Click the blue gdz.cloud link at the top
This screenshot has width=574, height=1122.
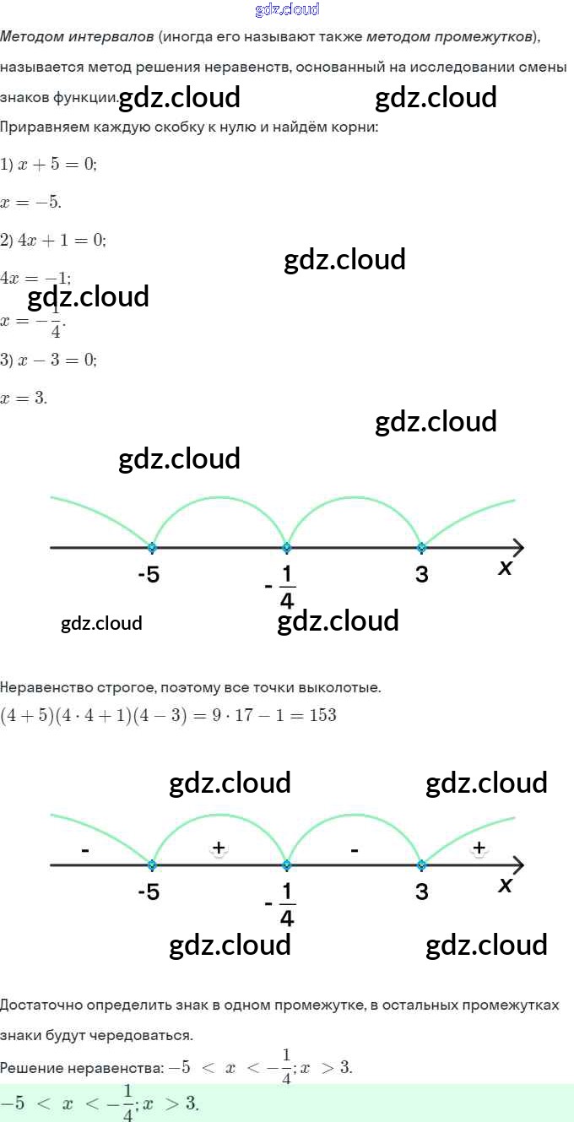287,10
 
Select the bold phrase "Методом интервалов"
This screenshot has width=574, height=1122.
78,37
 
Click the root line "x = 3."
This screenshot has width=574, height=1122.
24,398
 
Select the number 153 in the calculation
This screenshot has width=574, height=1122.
322,716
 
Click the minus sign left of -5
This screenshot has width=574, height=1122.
85,850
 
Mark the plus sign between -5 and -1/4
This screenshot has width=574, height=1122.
219,848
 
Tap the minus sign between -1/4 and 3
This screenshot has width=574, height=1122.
354,850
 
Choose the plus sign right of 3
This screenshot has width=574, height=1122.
479,848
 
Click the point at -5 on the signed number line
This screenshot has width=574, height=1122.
152,865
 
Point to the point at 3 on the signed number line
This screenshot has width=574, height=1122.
421,865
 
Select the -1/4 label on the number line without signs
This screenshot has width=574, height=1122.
282,586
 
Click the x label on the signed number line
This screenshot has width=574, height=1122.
506,885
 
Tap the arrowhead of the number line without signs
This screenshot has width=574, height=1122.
517,547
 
